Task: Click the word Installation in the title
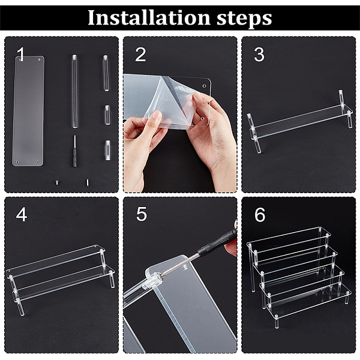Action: click(149, 18)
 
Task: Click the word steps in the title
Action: click(244, 19)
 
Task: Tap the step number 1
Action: click(21, 54)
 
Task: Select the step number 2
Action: click(140, 55)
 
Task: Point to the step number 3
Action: click(259, 55)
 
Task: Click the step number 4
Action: click(22, 215)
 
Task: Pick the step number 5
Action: click(141, 214)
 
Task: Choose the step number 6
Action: click(260, 215)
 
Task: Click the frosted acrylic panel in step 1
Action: click(28, 111)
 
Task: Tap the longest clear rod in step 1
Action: click(74, 91)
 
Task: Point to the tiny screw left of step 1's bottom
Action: click(57, 182)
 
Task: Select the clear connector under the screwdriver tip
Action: click(152, 280)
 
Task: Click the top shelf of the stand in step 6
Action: click(289, 239)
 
